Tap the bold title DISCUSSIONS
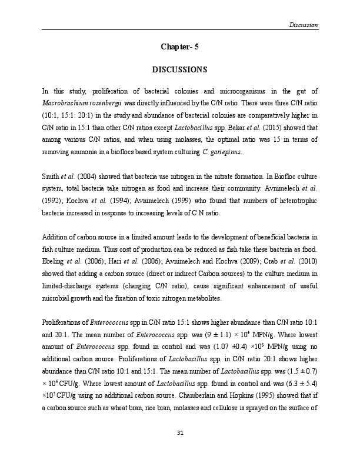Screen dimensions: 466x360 (179, 70)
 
